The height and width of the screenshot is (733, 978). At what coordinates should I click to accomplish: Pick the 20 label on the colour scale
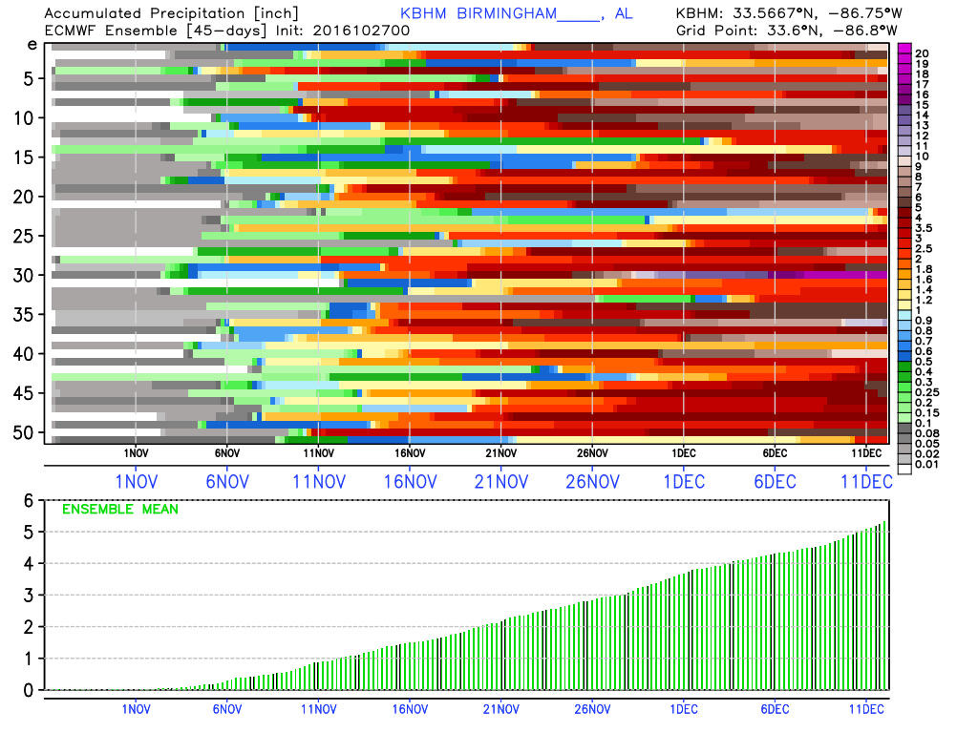tap(922, 52)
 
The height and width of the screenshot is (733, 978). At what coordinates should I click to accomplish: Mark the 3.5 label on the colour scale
tap(925, 228)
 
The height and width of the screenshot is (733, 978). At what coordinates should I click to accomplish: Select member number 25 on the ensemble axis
tap(31, 236)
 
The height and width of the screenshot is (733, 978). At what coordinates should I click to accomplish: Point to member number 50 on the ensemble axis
tap(31, 432)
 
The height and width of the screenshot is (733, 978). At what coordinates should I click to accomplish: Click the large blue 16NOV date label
tap(410, 482)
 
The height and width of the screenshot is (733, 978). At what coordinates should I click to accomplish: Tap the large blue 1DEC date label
tap(683, 482)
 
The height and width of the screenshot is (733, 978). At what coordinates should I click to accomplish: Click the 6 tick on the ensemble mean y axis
tap(30, 500)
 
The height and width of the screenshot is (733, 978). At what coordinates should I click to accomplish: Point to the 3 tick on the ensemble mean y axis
tap(30, 595)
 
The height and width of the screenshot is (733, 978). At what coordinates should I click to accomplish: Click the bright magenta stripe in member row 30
tap(840, 275)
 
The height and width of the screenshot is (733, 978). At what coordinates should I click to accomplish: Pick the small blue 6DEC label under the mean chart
tap(775, 708)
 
